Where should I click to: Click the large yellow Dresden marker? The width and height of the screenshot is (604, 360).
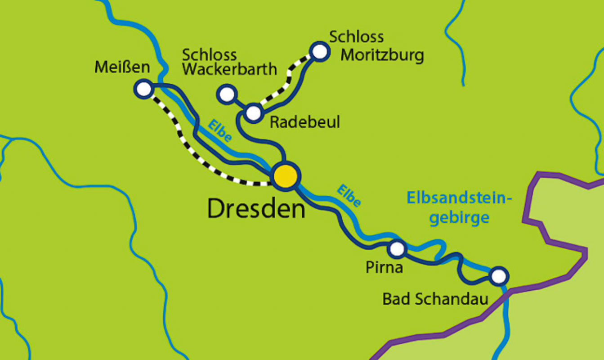coord(286,175)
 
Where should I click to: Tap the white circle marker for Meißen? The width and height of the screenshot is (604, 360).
coord(144,89)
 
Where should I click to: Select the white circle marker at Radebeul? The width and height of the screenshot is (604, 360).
coord(254,112)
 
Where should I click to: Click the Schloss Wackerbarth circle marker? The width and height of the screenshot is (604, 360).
coord(227,94)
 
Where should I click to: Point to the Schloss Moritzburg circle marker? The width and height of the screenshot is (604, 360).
coord(319,51)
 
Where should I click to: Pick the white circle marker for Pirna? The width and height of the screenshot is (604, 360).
coord(397,248)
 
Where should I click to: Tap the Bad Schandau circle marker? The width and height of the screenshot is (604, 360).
coord(498,276)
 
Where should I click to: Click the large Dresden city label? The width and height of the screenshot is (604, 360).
coord(256,209)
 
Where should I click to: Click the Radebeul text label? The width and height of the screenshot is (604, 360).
coord(304,122)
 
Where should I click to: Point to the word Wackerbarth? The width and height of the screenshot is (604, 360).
coord(229,70)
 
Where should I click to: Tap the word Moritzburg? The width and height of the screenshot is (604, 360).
coord(382,55)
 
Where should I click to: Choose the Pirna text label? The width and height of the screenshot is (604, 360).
coord(384,268)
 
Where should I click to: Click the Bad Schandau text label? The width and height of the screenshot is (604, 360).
coord(435,299)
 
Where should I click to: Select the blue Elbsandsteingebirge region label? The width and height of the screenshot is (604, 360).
coord(459,207)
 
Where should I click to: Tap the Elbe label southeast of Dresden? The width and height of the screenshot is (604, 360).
coord(349,196)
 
